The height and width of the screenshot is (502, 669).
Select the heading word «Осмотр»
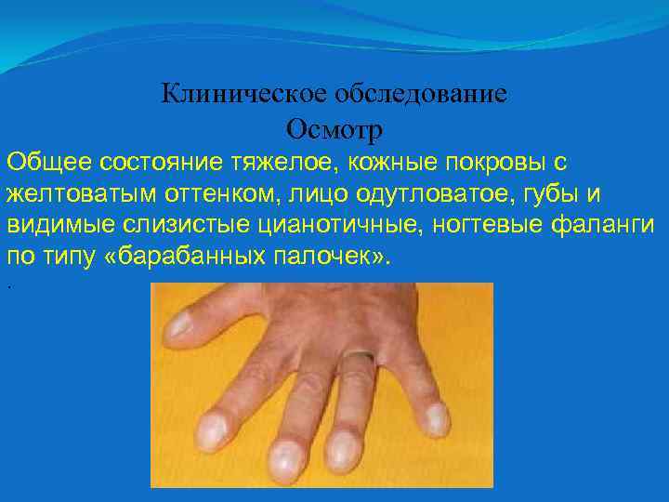click(334, 125)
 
